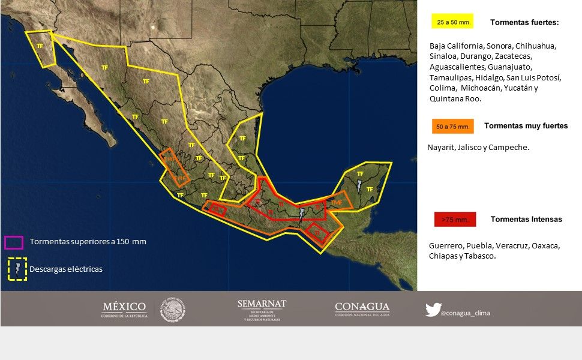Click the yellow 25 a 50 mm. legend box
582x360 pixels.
[x=452, y=22]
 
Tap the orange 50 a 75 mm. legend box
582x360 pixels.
[x=452, y=127]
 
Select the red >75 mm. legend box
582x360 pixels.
[x=454, y=220]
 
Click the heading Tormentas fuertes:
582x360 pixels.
[x=524, y=22]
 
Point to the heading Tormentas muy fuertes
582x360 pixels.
[x=526, y=126]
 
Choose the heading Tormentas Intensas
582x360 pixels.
[x=526, y=219]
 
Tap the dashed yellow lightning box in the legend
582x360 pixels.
[x=17, y=269]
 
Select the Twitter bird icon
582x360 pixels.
[x=433, y=310]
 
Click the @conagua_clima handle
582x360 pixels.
[x=465, y=313]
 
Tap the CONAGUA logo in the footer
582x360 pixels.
[x=362, y=309]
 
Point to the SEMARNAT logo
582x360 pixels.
[x=262, y=309]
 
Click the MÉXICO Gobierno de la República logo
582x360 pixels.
[x=124, y=310]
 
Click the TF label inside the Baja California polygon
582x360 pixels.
[x=40, y=46]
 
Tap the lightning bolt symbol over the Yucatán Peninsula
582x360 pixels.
[x=359, y=185]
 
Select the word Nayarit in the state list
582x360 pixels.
[x=441, y=147]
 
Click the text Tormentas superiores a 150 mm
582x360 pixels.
[x=88, y=242]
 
